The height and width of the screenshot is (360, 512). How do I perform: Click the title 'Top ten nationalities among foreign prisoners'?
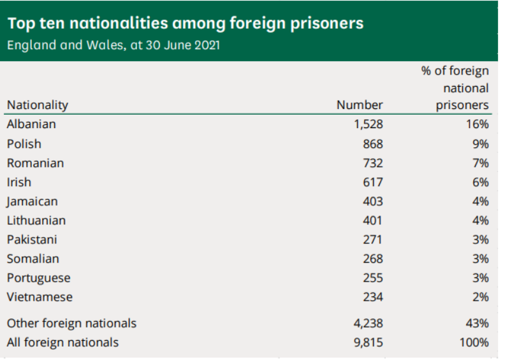[x=186, y=24]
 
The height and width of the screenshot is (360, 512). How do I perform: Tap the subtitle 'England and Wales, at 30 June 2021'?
[x=113, y=46]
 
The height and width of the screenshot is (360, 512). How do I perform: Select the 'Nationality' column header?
[x=37, y=105]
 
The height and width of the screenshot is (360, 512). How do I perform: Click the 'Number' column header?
[x=360, y=105]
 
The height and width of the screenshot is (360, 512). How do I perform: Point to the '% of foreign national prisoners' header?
[x=455, y=88]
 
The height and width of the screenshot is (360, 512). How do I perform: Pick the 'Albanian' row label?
[x=31, y=124]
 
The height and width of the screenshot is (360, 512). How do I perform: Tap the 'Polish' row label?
[x=24, y=144]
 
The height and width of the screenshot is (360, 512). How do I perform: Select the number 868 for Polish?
[x=373, y=144]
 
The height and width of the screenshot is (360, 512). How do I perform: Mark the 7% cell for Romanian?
[x=481, y=163]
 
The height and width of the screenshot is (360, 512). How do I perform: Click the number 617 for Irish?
[x=373, y=182]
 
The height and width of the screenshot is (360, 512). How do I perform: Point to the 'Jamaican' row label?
[x=32, y=201]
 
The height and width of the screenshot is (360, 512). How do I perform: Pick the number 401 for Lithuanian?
[x=373, y=220]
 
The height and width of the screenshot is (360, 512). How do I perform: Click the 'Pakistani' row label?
[x=32, y=240]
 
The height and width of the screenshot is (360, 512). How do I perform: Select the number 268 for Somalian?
[x=373, y=259]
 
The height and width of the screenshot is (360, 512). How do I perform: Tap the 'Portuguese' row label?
[x=38, y=278]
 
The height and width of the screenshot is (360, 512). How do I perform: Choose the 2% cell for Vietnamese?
[x=481, y=297]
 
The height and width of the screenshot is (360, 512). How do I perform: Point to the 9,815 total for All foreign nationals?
[x=368, y=342]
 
